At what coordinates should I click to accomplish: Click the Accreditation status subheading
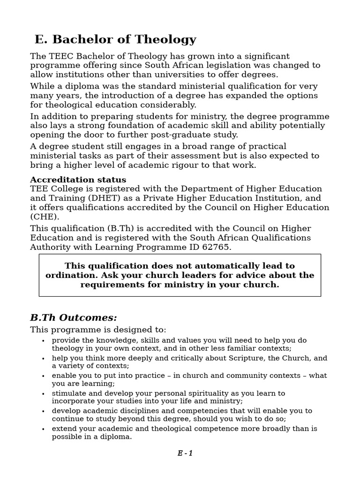click(78, 180)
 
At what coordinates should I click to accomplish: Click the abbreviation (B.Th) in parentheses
click(113, 228)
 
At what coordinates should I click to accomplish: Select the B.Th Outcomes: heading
click(74, 318)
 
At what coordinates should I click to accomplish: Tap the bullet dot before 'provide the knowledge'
click(43, 341)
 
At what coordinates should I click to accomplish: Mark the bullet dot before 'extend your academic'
click(43, 429)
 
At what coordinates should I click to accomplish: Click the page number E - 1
click(185, 453)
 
